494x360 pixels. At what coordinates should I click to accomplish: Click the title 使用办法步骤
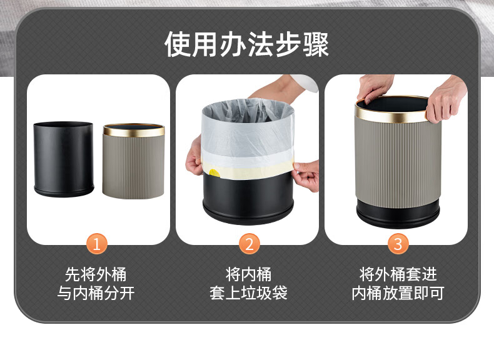point(246,44)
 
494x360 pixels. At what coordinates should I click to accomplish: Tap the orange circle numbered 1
point(97,244)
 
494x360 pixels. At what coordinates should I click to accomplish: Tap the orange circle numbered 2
point(250,244)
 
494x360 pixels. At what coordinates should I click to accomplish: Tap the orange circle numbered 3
point(398,244)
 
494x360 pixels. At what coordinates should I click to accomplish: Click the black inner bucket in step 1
point(64,159)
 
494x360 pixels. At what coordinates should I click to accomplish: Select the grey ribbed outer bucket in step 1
point(134,161)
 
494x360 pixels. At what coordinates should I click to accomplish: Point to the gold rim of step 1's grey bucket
point(134,130)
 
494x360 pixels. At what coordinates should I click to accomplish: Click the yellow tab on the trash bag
point(214,173)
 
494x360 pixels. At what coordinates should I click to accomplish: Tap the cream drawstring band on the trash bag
point(248,170)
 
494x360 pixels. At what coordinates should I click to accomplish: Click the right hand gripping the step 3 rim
point(446,97)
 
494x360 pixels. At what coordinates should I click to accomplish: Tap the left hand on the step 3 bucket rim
point(375,87)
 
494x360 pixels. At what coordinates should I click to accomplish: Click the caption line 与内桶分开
point(96,293)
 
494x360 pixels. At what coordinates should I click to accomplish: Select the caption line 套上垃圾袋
point(249,293)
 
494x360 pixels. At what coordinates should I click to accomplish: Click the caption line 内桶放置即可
point(398,293)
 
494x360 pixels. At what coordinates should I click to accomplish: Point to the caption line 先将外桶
point(96,274)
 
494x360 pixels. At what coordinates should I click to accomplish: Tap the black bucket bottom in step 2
point(248,198)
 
